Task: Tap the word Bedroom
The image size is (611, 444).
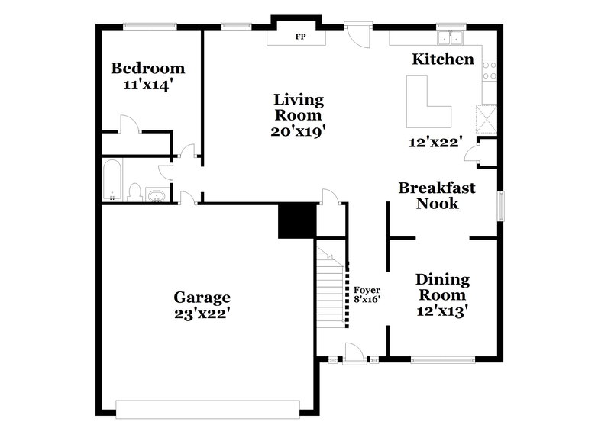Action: tap(148, 67)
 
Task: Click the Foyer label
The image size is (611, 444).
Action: tap(367, 289)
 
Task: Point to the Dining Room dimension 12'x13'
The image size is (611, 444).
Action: tap(443, 310)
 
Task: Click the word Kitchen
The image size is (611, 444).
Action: tap(443, 60)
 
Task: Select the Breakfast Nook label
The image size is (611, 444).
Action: tap(438, 195)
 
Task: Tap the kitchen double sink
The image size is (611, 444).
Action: tap(451, 37)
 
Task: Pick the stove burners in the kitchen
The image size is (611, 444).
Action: tap(490, 71)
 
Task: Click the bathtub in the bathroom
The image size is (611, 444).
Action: tap(112, 180)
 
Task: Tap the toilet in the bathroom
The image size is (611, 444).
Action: tap(134, 191)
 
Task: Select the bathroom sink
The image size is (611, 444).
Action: tap(157, 196)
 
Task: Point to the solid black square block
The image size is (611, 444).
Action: tap(297, 221)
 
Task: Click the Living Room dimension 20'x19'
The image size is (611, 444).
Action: tap(299, 130)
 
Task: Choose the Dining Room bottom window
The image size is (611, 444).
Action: tap(443, 358)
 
